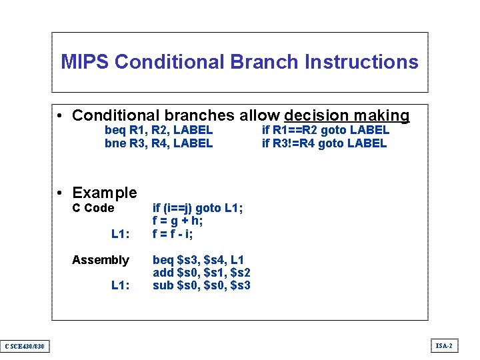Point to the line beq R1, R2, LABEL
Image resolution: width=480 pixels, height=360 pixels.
point(159,130)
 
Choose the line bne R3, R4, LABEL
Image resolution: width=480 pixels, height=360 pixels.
point(159,143)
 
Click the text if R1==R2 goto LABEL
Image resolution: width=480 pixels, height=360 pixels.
point(325,130)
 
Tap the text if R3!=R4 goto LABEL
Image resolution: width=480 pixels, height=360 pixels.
point(324,143)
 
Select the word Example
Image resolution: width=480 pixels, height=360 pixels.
point(104,193)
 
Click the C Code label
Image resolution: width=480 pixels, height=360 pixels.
point(93,208)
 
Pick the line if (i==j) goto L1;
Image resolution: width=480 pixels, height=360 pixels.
point(197,208)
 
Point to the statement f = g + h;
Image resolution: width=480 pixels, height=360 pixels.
point(178,221)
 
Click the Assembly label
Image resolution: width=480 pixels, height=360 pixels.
point(100,259)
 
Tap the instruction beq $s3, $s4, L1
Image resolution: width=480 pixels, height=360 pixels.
point(198,259)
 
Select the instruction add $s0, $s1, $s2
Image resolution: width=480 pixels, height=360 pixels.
point(201,272)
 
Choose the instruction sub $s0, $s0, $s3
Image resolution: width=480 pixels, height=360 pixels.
point(201,285)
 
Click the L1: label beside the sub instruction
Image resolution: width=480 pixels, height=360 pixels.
point(120,285)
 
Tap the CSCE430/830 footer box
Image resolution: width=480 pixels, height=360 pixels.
point(25,346)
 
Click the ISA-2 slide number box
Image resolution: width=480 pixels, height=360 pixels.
point(444,345)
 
